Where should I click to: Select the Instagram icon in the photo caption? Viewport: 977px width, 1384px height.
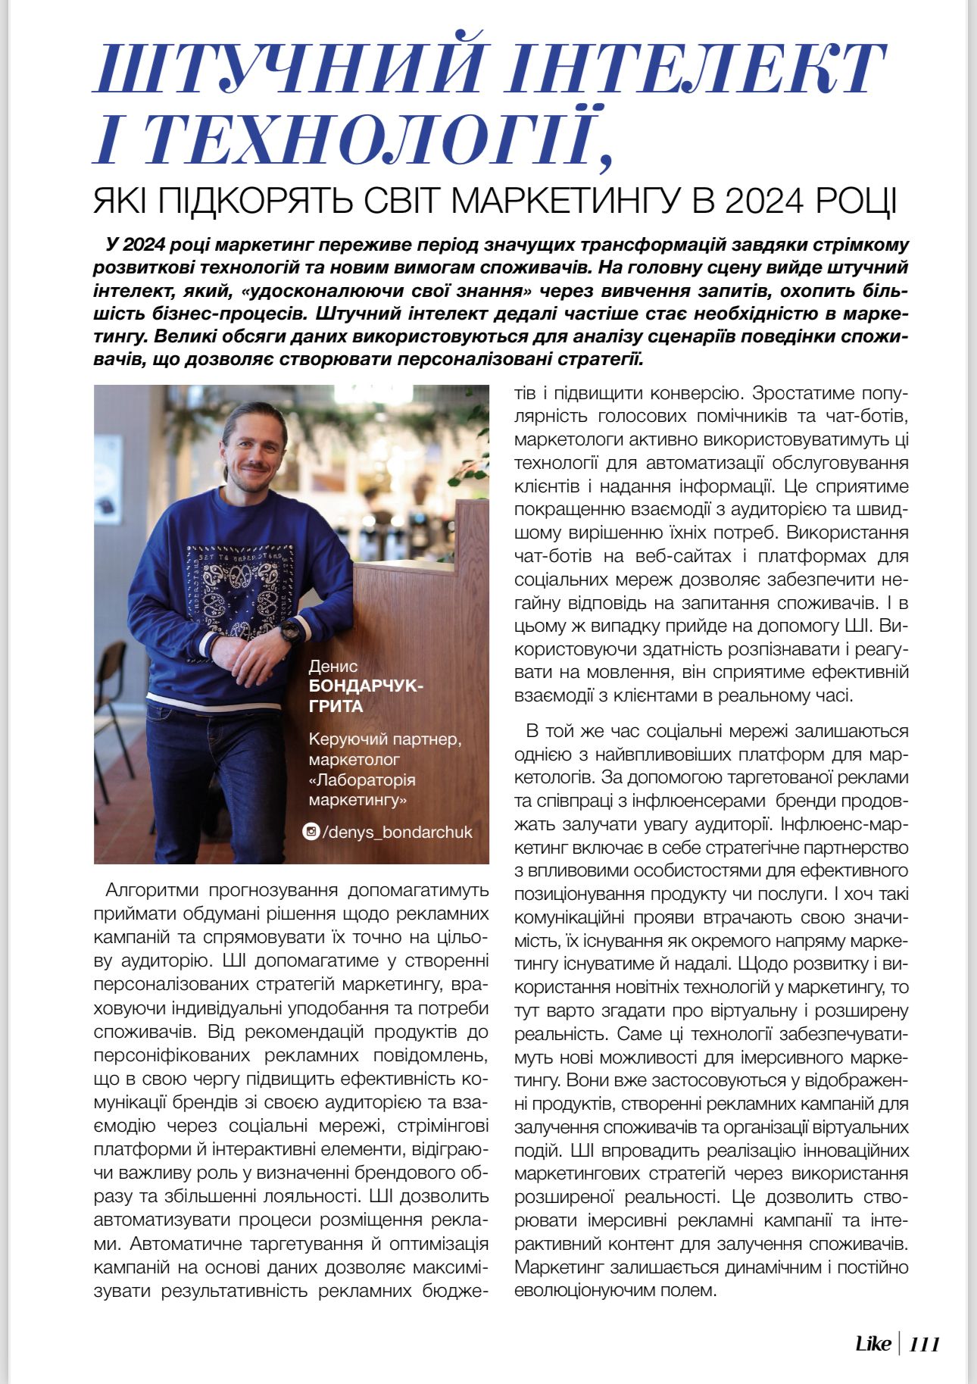click(x=311, y=831)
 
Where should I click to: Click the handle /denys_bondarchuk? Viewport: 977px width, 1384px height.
click(x=397, y=832)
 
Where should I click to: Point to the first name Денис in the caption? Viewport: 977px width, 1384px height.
click(x=332, y=666)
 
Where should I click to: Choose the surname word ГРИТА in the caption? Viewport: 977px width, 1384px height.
click(x=336, y=707)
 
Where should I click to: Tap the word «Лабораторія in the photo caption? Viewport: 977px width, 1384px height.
click(x=362, y=779)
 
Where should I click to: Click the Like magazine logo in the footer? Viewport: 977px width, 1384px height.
click(x=872, y=1344)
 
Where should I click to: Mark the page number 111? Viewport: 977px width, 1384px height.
click(x=924, y=1345)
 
